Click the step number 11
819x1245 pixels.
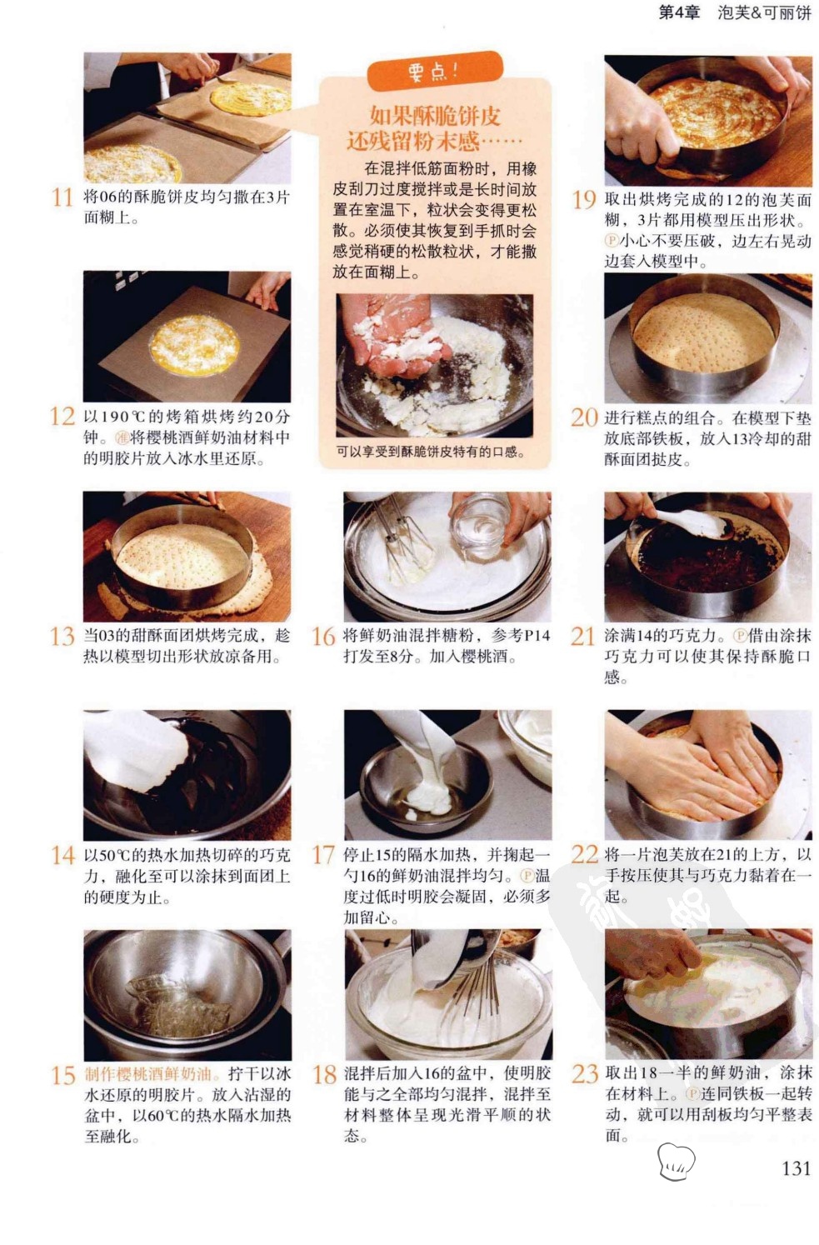tap(62, 197)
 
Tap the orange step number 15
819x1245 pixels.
tap(62, 1076)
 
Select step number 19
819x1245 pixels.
tap(584, 200)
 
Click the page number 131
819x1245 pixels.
tap(797, 1168)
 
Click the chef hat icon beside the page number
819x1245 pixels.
tap(676, 1162)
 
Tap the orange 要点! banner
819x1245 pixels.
tap(435, 71)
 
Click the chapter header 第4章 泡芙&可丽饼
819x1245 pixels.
tap(735, 12)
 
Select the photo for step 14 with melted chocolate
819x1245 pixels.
tap(187, 775)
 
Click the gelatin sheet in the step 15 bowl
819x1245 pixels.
tap(177, 1006)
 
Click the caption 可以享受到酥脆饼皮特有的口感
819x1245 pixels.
tap(431, 452)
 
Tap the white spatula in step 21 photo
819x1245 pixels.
tap(692, 523)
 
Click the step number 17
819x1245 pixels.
tap(323, 855)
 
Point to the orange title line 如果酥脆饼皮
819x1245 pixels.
tap(435, 116)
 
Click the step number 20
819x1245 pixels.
tap(584, 418)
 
